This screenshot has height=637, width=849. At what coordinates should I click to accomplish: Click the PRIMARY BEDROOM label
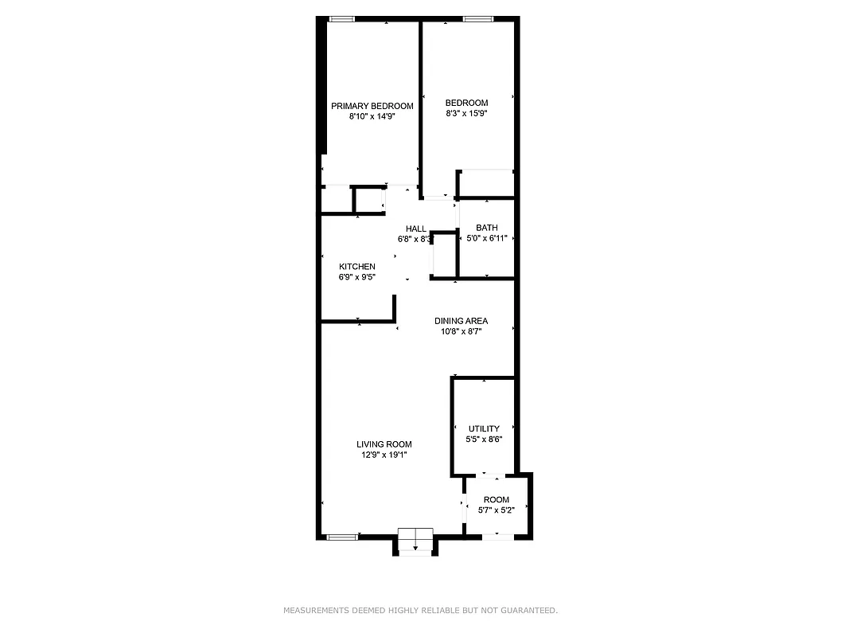pyautogui.click(x=372, y=106)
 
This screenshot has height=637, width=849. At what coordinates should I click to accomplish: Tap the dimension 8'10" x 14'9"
pyautogui.click(x=372, y=116)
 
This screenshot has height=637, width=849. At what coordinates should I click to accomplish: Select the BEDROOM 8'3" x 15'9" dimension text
pyautogui.click(x=466, y=113)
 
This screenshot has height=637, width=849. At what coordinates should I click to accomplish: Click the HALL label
pyautogui.click(x=416, y=229)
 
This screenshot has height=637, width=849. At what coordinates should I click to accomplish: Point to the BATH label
pyautogui.click(x=486, y=228)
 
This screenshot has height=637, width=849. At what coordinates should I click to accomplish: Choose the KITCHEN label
pyautogui.click(x=356, y=267)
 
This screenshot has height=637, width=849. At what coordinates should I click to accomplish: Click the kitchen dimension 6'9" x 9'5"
pyautogui.click(x=356, y=277)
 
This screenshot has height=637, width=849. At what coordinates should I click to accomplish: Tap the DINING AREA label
pyautogui.click(x=461, y=321)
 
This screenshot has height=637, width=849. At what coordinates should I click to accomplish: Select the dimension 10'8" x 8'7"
pyautogui.click(x=461, y=331)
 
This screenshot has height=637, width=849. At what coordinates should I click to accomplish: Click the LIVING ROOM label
pyautogui.click(x=384, y=444)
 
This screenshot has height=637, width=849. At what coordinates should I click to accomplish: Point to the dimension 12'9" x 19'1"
pyautogui.click(x=384, y=455)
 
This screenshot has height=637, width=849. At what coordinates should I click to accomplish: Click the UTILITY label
pyautogui.click(x=484, y=428)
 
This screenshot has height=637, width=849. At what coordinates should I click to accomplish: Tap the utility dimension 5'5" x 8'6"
pyautogui.click(x=484, y=439)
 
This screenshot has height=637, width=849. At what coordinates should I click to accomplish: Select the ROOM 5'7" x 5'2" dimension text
pyautogui.click(x=496, y=510)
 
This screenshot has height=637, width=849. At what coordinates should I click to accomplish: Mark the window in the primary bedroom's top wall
pyautogui.click(x=342, y=19)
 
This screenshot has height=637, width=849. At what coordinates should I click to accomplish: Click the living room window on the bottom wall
pyautogui.click(x=342, y=537)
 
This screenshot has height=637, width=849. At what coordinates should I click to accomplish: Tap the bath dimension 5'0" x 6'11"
pyautogui.click(x=486, y=238)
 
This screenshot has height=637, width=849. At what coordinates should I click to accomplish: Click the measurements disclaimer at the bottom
pyautogui.click(x=421, y=611)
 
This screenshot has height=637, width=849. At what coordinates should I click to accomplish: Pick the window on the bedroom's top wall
pyautogui.click(x=477, y=19)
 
